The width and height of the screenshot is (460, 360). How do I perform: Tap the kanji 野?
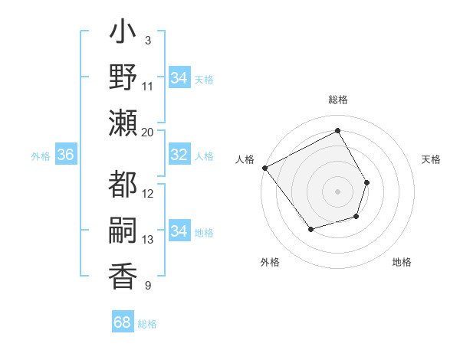123,80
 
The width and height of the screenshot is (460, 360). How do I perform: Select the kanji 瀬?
123,123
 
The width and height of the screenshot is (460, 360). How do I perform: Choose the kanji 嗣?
123,231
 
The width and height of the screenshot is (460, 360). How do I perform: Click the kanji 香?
123,276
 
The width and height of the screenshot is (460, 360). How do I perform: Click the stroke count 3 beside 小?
147,40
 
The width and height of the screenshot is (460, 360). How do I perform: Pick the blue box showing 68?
122,322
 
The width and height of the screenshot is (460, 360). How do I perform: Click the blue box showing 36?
65,155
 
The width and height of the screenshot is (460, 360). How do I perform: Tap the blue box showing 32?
179,155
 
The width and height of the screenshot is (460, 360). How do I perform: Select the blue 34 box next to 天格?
179,78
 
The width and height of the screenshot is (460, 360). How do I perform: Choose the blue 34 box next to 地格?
179,231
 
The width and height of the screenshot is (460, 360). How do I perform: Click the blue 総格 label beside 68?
147,324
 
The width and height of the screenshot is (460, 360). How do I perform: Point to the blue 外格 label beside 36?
41,156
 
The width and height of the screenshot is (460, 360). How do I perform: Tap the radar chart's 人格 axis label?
245,159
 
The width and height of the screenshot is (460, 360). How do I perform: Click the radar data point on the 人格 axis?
265,168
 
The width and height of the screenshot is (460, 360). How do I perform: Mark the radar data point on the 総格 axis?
337,131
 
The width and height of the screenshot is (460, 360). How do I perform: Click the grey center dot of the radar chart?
337,191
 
